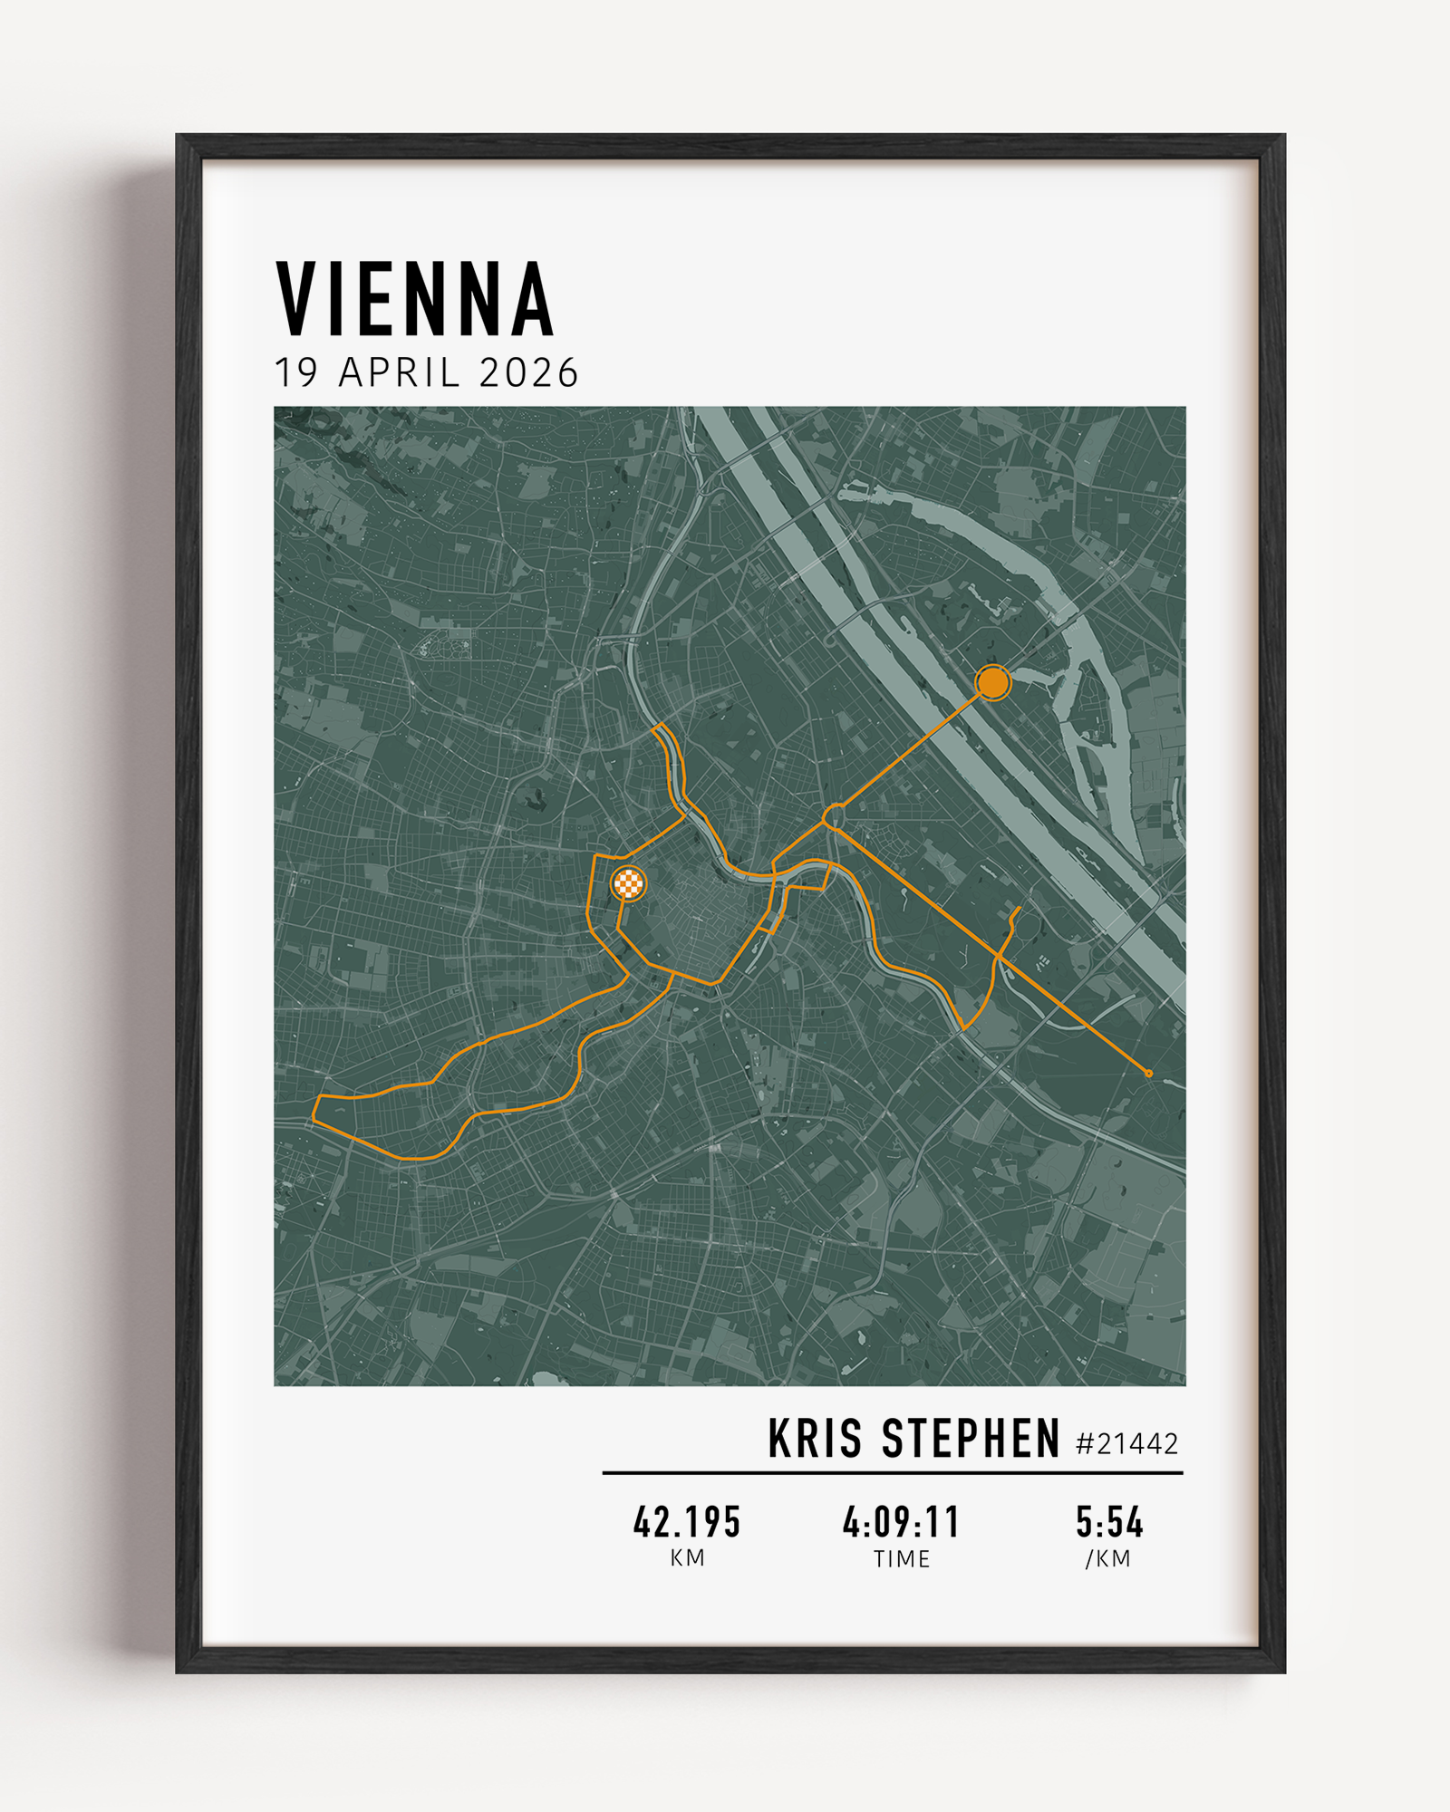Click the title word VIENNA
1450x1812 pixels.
414,299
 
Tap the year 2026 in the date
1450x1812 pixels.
528,373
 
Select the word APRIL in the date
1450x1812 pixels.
399,373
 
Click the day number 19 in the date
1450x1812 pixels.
296,373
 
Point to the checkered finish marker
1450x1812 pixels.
628,882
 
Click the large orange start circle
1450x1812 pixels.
993,682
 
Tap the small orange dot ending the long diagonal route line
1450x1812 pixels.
1149,1074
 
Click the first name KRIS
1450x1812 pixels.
815,1439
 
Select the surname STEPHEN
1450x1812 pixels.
971,1439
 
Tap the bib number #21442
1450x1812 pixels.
1126,1443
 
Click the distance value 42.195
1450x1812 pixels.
687,1522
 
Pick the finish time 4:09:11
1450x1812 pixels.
901,1522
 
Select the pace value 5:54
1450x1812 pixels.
1109,1522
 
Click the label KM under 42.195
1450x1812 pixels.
687,1558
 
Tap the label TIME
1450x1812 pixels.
901,1559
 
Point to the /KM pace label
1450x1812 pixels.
1108,1559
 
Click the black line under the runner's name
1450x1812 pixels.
893,1473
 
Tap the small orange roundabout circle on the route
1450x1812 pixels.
834,817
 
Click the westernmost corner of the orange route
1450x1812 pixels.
314,1121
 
